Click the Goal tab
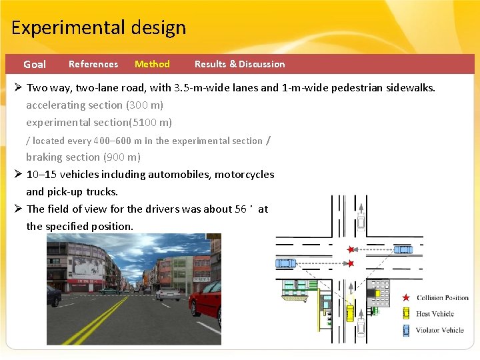pos(35,65)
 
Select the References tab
pos(93,64)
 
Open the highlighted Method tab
pos(152,64)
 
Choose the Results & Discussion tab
pos(239,64)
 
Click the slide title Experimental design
pos(99,28)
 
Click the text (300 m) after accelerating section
pos(144,105)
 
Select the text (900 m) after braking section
pos(121,157)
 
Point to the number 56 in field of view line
pos(242,209)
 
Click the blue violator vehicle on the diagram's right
pos(403,250)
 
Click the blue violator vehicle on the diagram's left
pos(286,263)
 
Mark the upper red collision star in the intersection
pos(351,250)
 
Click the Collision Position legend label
pos(443,298)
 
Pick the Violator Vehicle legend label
pos(439,330)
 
